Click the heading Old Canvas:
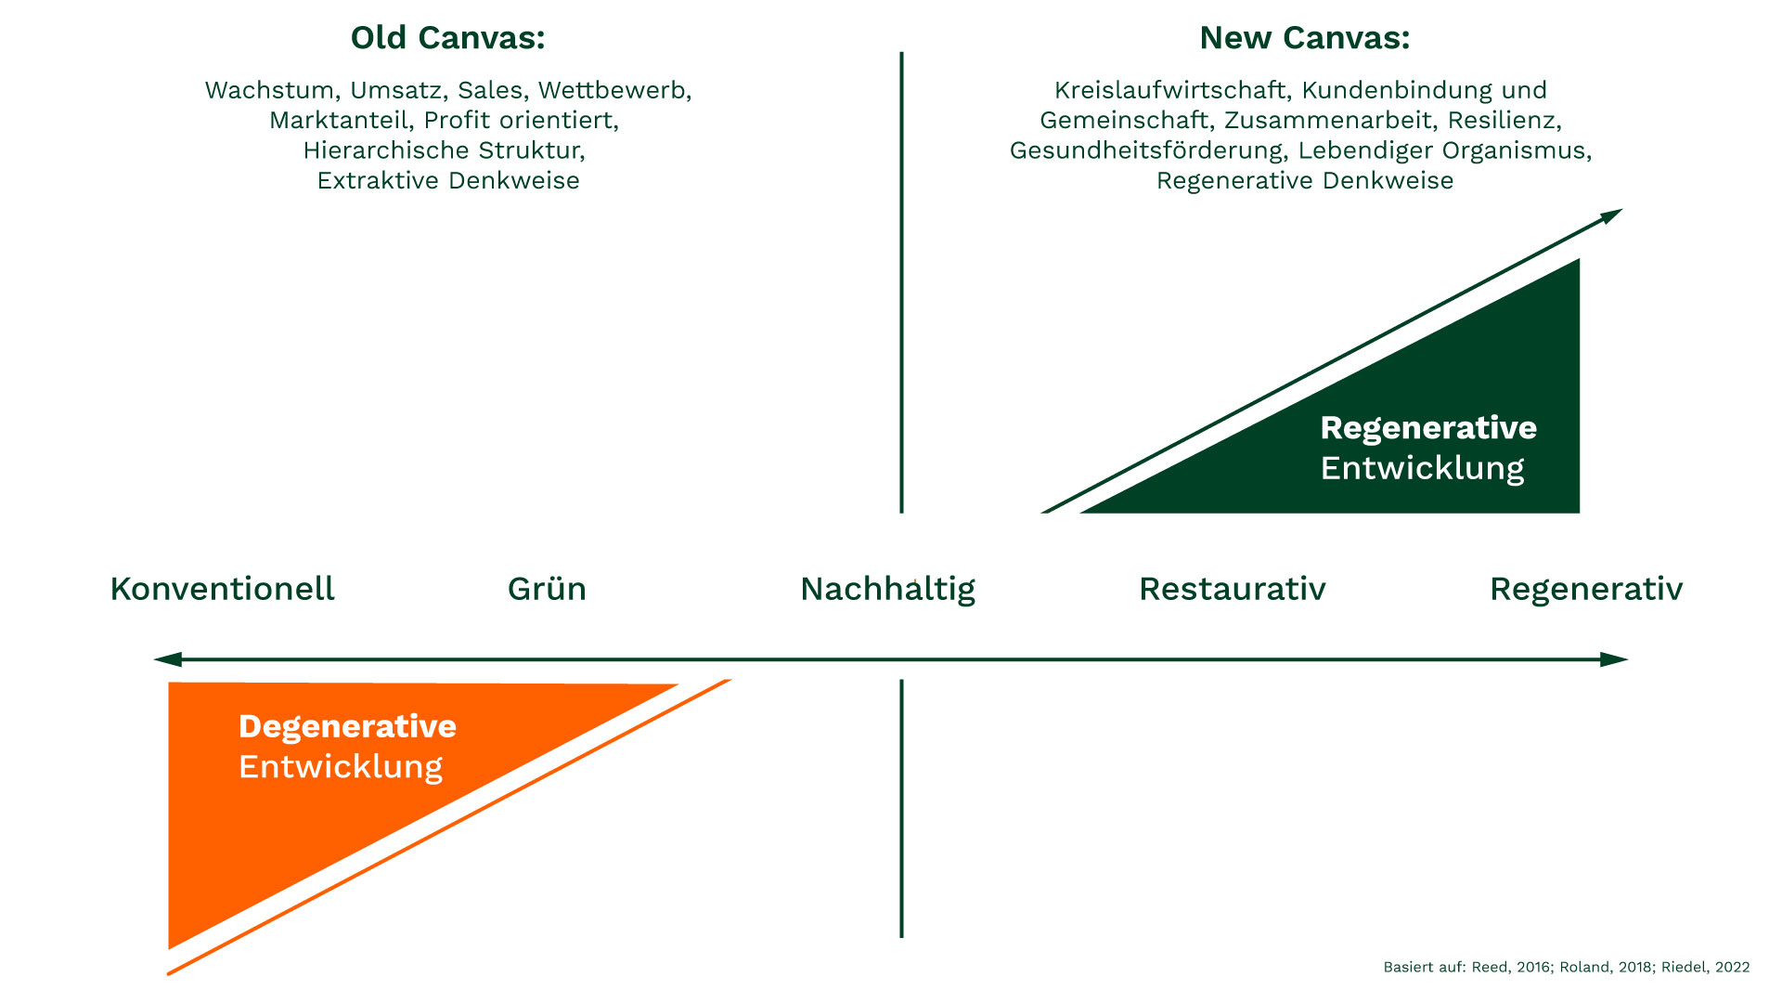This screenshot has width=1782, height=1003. click(x=447, y=38)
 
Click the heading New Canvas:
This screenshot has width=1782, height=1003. click(x=1304, y=38)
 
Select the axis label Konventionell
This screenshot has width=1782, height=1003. click(x=222, y=589)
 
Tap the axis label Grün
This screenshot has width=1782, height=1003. click(x=547, y=589)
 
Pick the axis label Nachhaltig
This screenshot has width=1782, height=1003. click(x=887, y=589)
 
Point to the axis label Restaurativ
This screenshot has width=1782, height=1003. click(x=1232, y=589)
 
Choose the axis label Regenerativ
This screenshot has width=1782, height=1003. click(x=1585, y=589)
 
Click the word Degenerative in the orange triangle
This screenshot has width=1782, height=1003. click(x=347, y=726)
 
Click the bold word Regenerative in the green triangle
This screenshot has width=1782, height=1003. click(x=1427, y=428)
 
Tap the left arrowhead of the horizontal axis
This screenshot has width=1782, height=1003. click(x=165, y=659)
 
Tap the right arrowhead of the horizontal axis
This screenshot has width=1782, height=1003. click(x=1616, y=659)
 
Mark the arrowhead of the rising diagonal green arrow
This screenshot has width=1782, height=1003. click(x=1612, y=215)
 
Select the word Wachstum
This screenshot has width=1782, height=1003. click(x=269, y=90)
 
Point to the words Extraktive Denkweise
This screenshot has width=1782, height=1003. click(x=448, y=180)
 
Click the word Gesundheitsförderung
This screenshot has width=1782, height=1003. click(x=1146, y=150)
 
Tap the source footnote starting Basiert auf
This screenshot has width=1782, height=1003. click(x=1566, y=967)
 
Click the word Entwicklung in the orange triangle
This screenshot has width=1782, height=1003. click(x=341, y=767)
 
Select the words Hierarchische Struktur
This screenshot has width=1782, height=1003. click(x=444, y=150)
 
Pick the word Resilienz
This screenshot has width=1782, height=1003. click(x=1504, y=121)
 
